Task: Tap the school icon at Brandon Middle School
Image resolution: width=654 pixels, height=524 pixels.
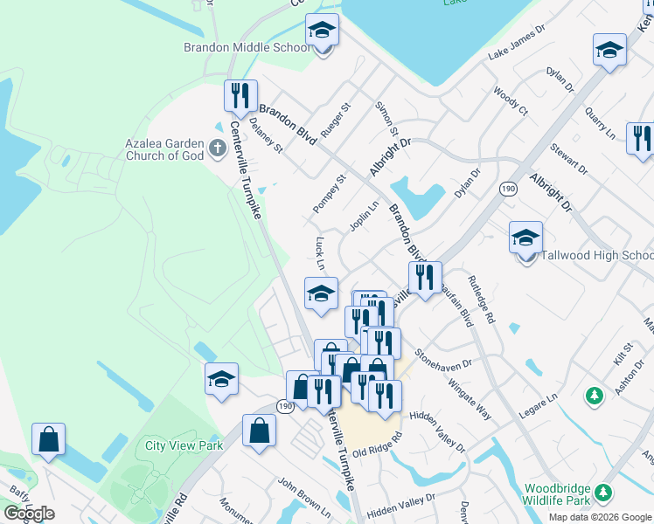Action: pyautogui.click(x=322, y=31)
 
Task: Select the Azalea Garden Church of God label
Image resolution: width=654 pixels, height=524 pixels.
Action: pyautogui.click(x=163, y=149)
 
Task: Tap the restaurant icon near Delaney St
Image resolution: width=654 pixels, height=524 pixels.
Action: pyautogui.click(x=240, y=95)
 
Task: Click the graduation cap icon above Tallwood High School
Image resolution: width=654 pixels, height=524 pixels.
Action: pyautogui.click(x=525, y=238)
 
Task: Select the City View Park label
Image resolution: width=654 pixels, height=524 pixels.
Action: pyautogui.click(x=184, y=445)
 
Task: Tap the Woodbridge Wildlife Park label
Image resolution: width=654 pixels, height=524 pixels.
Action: pyautogui.click(x=557, y=495)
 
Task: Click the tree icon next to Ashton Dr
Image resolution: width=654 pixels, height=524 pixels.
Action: pyautogui.click(x=595, y=396)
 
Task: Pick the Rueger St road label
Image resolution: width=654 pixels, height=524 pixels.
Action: pyautogui.click(x=336, y=120)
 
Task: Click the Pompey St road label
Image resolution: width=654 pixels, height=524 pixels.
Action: pyautogui.click(x=329, y=193)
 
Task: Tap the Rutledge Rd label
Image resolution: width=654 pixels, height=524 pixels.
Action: pyautogui.click(x=481, y=300)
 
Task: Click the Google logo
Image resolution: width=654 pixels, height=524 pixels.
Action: pyautogui.click(x=29, y=514)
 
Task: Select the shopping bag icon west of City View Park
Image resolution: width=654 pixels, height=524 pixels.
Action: pyautogui.click(x=49, y=440)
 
